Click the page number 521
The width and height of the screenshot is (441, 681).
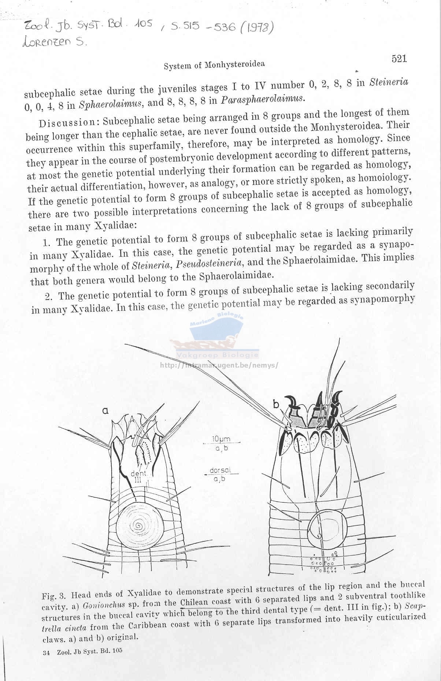[x=399, y=59]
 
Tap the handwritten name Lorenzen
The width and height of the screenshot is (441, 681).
[x=46, y=42]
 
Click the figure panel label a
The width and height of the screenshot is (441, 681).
[x=105, y=411]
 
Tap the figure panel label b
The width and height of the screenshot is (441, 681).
[x=276, y=404]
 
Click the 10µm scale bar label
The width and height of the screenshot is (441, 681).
[x=221, y=439]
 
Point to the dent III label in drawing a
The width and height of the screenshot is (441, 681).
[x=138, y=476]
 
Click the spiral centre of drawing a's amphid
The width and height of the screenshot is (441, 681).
[x=139, y=526]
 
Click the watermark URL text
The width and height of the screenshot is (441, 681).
[x=219, y=365]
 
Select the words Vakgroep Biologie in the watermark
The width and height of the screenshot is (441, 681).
[x=218, y=355]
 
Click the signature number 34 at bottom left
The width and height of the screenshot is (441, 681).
[x=46, y=652]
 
